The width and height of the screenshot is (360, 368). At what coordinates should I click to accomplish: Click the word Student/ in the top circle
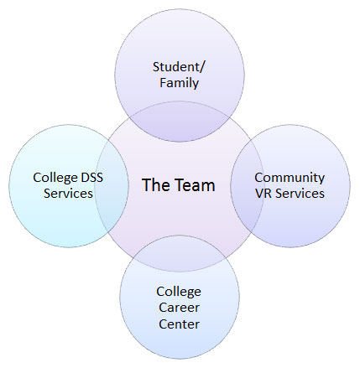[x=179, y=67]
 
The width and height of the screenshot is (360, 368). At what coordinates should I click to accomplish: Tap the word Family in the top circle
[x=179, y=83]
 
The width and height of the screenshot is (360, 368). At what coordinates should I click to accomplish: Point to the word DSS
[x=91, y=178]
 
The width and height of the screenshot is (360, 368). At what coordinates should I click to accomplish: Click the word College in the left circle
[x=55, y=178]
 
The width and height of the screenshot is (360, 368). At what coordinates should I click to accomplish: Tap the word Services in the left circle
[x=68, y=194]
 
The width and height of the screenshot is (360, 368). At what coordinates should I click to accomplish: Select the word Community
[x=290, y=178]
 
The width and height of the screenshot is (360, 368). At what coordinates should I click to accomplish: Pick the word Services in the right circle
[x=300, y=194]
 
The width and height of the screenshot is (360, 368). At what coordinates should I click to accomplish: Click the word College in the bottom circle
[x=179, y=292]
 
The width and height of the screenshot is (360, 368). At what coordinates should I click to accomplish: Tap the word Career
[x=179, y=308]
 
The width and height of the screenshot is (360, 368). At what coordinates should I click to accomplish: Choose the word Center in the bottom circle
[x=179, y=324]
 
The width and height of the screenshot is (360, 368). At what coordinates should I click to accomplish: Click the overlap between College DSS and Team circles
[x=112, y=185]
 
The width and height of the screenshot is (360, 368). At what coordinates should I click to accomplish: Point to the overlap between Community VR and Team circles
[x=248, y=185]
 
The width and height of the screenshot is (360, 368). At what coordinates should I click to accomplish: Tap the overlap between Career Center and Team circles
[x=180, y=253]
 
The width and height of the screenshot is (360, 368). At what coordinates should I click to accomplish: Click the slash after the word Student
[x=202, y=67]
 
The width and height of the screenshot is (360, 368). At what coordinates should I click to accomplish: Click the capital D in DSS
[x=84, y=178]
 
